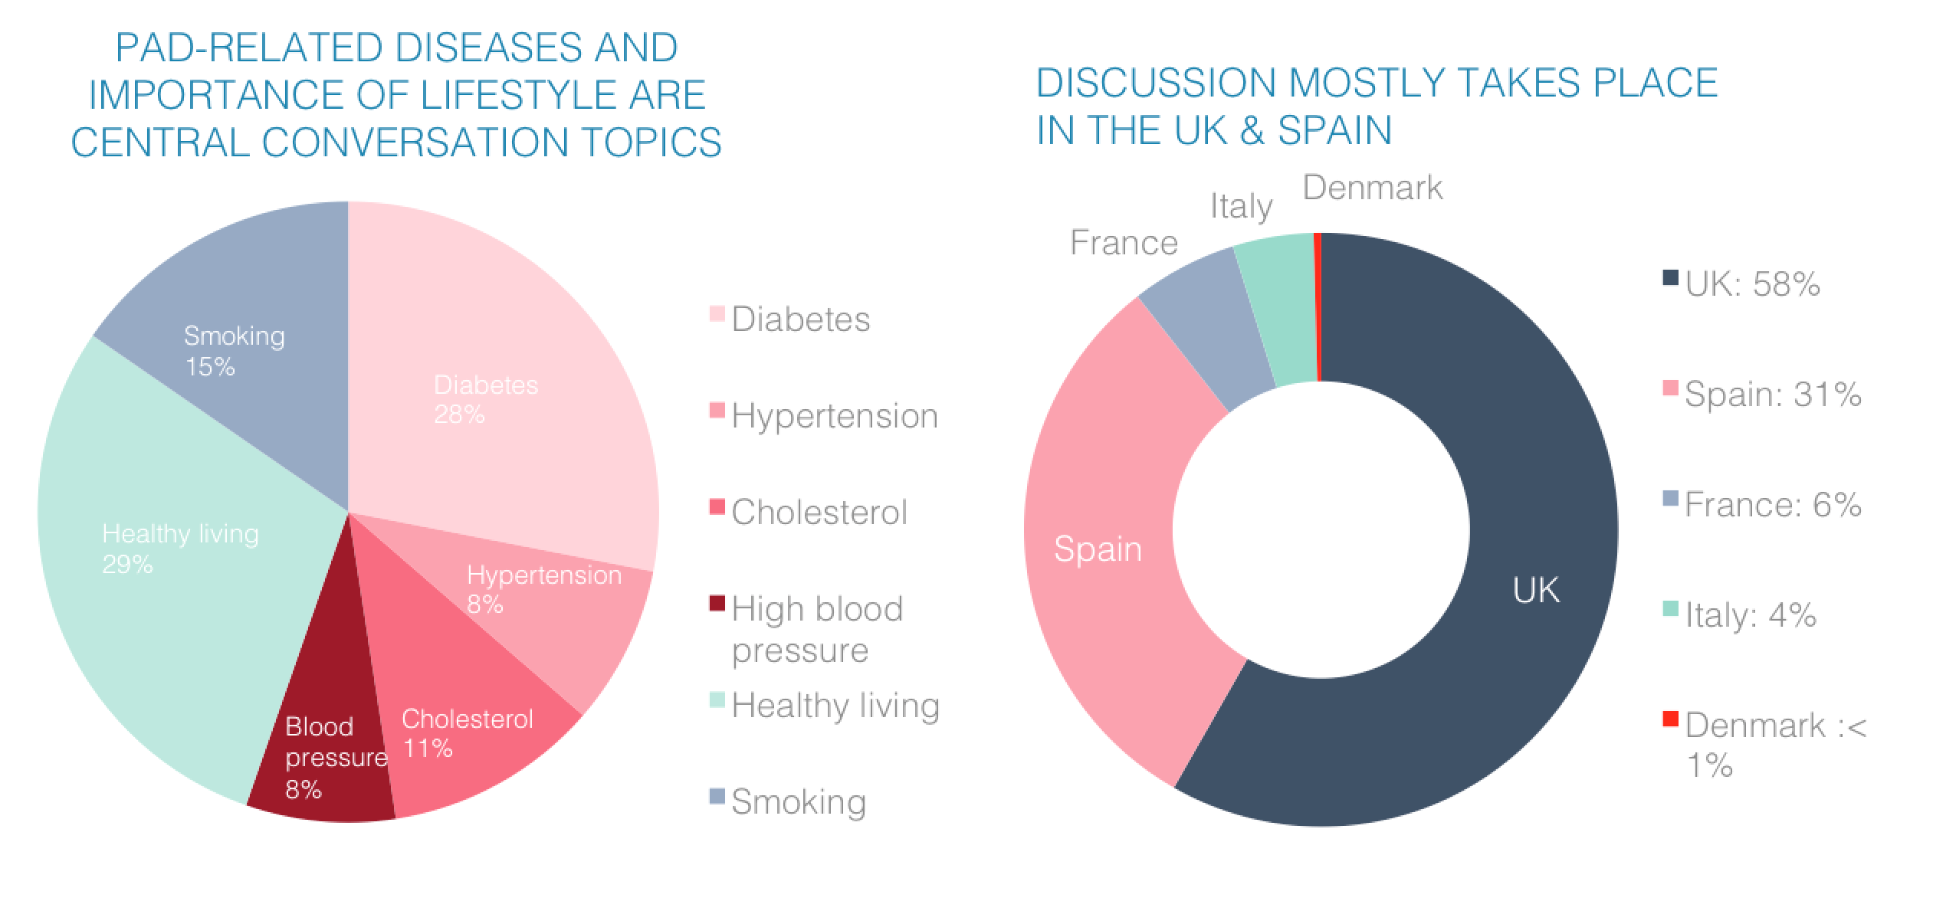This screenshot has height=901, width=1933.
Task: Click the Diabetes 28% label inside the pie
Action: point(485,399)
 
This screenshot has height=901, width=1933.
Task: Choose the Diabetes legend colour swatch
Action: point(717,314)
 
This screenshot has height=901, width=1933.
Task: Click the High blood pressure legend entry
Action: point(817,628)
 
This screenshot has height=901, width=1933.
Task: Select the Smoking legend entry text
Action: point(799,802)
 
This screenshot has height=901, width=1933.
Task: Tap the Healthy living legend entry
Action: point(835,706)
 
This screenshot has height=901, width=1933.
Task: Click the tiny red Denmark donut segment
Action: point(1318,306)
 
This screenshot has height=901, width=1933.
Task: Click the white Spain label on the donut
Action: point(1098,549)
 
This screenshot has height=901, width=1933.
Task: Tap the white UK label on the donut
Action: point(1536,590)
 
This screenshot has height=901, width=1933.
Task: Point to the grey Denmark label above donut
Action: point(1372,188)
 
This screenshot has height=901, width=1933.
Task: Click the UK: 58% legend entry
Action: point(1752,284)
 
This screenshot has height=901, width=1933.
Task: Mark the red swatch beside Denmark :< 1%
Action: point(1671,719)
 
